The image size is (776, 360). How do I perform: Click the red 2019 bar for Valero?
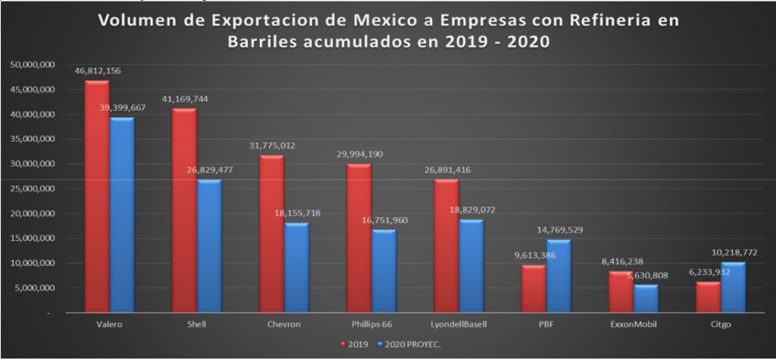96,197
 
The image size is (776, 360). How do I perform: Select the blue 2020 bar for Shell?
208,246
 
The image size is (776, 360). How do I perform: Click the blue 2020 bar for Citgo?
733,287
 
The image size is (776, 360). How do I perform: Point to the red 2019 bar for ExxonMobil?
622,292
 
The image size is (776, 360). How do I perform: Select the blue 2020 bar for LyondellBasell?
471,266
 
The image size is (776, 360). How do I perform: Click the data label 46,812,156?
97,70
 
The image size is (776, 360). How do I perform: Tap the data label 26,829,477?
209,170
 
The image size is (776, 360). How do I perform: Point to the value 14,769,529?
560,230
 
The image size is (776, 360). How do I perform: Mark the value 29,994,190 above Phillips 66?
360,154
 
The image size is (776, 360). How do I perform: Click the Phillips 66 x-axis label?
371,324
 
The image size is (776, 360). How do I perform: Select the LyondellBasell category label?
458,324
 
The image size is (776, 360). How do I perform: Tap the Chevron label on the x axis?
283,324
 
